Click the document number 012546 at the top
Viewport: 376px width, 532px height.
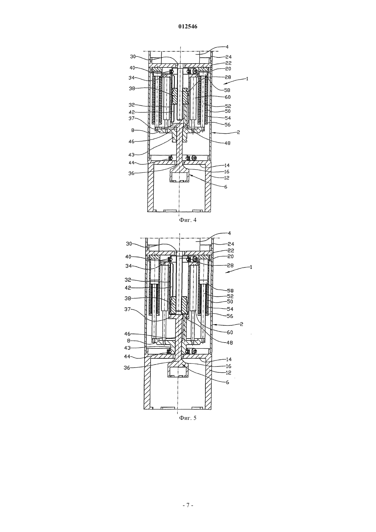(188, 27)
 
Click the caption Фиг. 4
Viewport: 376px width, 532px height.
(188, 220)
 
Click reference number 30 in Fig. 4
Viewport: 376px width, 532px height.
(133, 56)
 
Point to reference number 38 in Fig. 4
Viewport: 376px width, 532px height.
(132, 88)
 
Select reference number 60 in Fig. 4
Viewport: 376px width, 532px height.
(228, 97)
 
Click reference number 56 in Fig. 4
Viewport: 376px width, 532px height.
(227, 125)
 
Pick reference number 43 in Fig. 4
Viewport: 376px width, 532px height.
(131, 155)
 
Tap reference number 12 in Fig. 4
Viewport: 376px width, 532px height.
(226, 178)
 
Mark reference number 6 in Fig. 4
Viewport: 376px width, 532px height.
(226, 187)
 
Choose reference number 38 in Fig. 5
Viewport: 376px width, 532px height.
(127, 298)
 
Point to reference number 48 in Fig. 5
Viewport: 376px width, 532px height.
(230, 343)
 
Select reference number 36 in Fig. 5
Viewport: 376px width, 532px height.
(127, 368)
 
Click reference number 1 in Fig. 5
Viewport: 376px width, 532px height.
(251, 267)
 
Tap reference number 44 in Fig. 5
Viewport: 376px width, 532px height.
(127, 357)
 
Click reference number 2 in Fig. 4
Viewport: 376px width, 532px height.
(238, 132)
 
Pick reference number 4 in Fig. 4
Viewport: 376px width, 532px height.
(227, 47)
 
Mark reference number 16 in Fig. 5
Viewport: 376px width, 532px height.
(228, 366)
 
